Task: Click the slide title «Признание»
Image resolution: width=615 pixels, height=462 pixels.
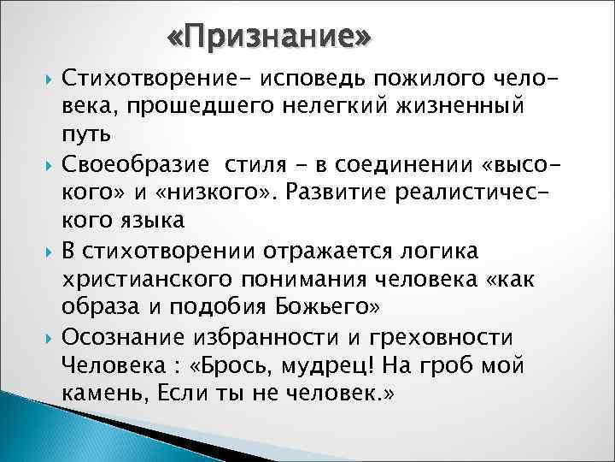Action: (x=269, y=38)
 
